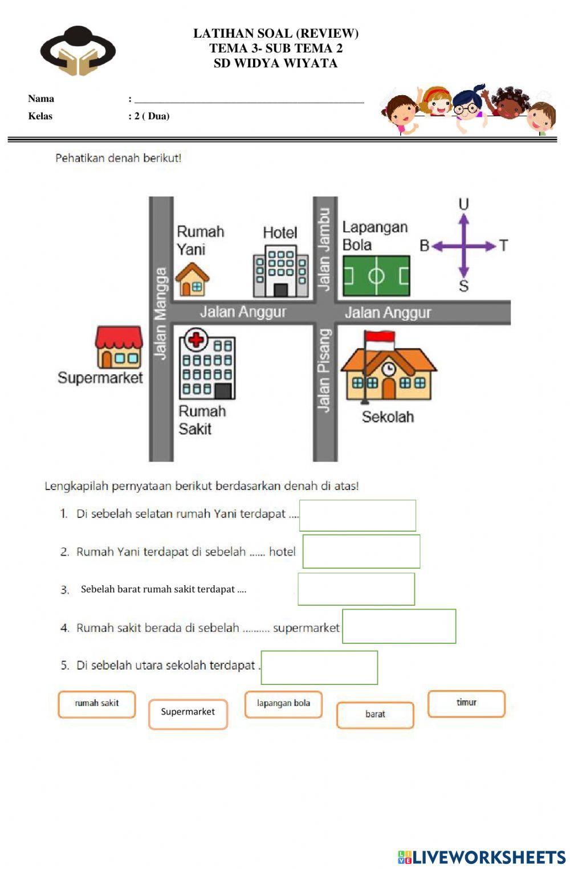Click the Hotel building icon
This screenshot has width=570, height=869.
(x=280, y=271)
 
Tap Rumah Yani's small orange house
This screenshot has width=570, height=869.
(x=192, y=279)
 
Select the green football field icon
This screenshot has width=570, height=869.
(x=376, y=276)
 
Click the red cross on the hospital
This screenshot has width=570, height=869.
(x=196, y=340)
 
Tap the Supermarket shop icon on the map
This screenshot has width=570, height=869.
(x=119, y=347)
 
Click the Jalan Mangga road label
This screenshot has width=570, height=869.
(x=161, y=313)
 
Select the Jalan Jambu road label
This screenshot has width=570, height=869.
(x=324, y=249)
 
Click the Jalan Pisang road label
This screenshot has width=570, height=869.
(x=324, y=370)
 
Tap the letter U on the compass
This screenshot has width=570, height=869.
(x=463, y=204)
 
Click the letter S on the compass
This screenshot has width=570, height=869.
(x=463, y=287)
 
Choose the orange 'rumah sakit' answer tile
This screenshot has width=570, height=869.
(x=97, y=704)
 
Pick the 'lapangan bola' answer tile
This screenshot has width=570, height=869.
(x=283, y=704)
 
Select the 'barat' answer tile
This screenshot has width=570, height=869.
(x=375, y=715)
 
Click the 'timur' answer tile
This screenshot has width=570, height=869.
(x=466, y=703)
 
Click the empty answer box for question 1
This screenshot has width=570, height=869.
(x=357, y=515)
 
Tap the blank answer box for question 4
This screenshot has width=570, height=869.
(x=399, y=626)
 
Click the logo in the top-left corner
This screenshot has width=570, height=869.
(x=78, y=51)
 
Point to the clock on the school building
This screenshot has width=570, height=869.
(x=389, y=369)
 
